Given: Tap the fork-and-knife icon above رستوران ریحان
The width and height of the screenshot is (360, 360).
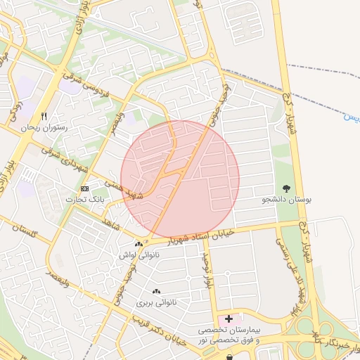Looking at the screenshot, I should (44, 116).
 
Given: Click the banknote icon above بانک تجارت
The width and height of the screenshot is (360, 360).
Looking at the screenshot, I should (85, 188).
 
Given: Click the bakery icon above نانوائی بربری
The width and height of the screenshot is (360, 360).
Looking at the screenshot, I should (155, 291).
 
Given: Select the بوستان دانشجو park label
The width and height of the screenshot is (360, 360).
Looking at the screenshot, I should (286, 200).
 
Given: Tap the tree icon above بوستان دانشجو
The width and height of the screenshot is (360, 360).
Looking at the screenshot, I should (286, 188).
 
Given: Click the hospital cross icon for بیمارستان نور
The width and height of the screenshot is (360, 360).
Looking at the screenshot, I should (229, 319).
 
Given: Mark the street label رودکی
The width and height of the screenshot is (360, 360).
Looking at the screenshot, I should (17, 112).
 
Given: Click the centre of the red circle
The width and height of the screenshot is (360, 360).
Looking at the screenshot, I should (180, 179).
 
